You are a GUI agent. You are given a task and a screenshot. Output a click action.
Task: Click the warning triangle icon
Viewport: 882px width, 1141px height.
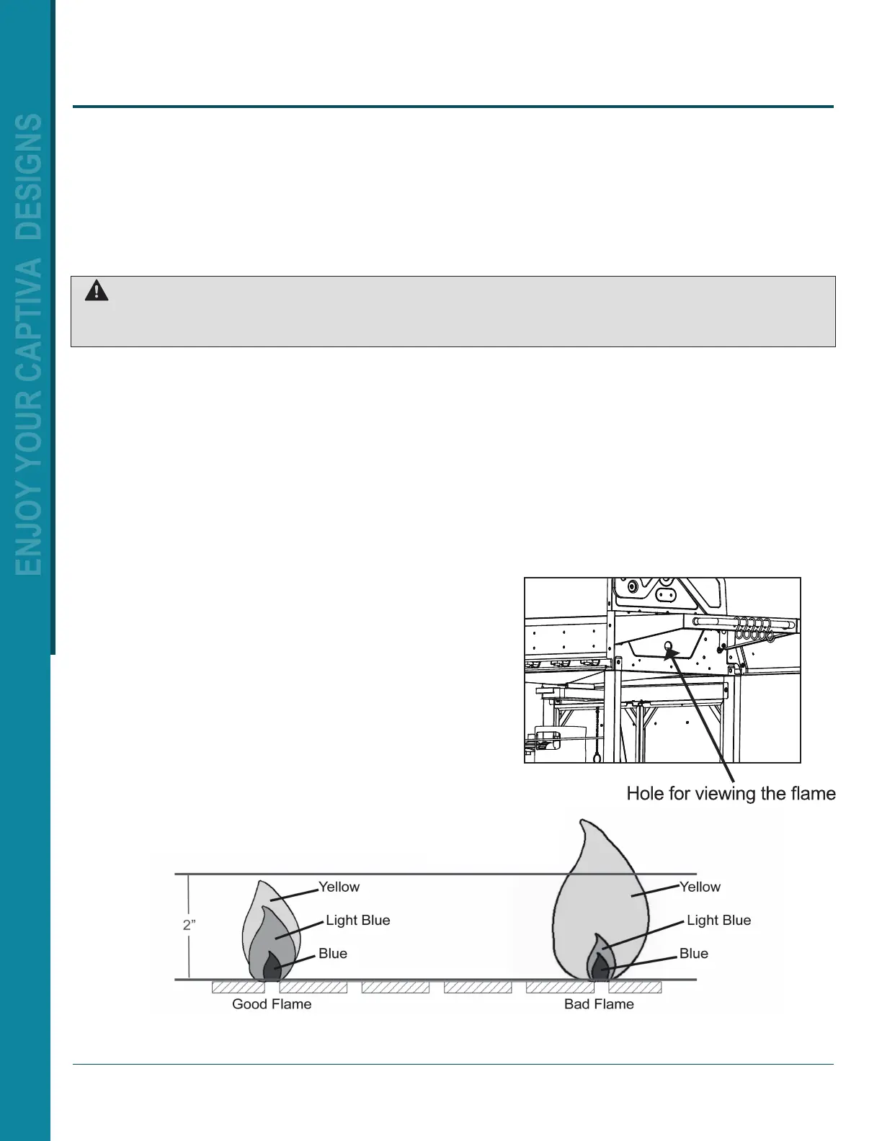pyautogui.click(x=97, y=290)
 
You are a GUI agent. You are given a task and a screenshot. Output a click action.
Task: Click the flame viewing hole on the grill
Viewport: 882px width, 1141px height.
pyautogui.click(x=668, y=645)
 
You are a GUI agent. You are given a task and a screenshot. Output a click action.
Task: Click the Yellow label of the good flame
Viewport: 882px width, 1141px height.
pyautogui.click(x=339, y=887)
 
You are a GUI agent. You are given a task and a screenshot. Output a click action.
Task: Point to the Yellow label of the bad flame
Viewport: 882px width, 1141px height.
pyautogui.click(x=700, y=887)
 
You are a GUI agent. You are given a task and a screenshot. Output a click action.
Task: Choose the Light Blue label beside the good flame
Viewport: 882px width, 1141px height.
pyautogui.click(x=357, y=920)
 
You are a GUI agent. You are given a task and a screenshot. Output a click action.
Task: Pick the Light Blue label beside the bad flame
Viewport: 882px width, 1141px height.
pyautogui.click(x=718, y=920)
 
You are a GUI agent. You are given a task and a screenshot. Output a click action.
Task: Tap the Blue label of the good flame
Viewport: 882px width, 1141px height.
pyautogui.click(x=333, y=953)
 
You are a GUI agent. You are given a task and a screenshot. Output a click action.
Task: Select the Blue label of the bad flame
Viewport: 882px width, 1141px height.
pyautogui.click(x=694, y=953)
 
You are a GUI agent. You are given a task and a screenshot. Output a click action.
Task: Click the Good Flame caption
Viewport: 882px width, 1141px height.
pyautogui.click(x=272, y=1004)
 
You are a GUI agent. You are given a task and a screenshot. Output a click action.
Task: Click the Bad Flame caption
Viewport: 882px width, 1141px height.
pyautogui.click(x=599, y=1004)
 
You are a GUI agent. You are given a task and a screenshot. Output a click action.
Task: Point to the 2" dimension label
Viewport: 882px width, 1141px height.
pyautogui.click(x=189, y=925)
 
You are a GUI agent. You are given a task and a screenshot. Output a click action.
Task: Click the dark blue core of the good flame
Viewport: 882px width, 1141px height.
pyautogui.click(x=272, y=967)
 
